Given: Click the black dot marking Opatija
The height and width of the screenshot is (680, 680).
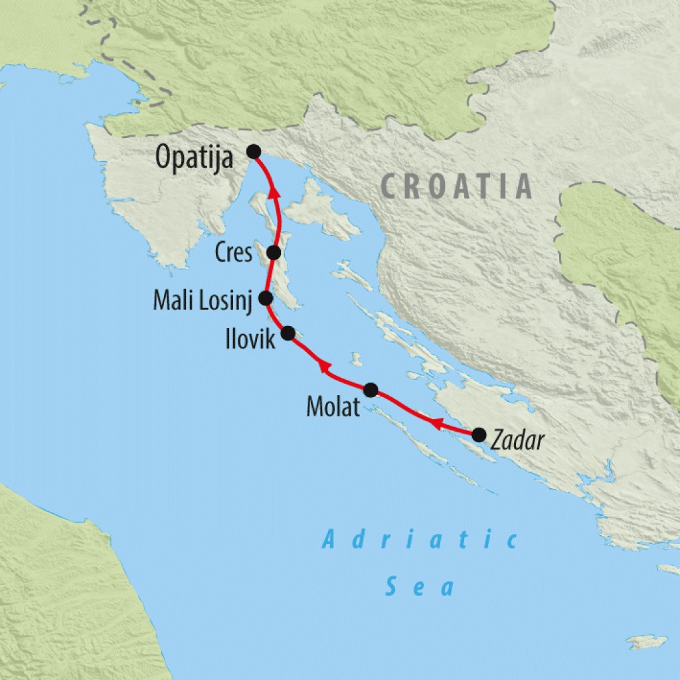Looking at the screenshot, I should tap(253, 151).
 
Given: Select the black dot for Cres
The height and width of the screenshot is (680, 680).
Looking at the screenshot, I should tap(273, 252).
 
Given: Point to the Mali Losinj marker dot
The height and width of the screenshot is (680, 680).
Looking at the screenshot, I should tap(266, 297).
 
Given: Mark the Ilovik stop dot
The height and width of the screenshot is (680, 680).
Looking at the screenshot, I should tap(288, 333).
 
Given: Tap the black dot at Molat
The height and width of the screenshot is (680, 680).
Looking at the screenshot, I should tap(371, 389).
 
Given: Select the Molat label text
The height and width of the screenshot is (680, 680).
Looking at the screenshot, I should tap(333, 406).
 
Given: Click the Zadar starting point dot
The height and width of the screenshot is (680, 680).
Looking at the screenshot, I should tap(477, 435).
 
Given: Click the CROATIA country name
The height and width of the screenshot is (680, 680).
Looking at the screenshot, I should tap(457, 187).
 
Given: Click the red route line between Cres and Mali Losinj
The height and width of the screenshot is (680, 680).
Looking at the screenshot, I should tap(268, 276).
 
